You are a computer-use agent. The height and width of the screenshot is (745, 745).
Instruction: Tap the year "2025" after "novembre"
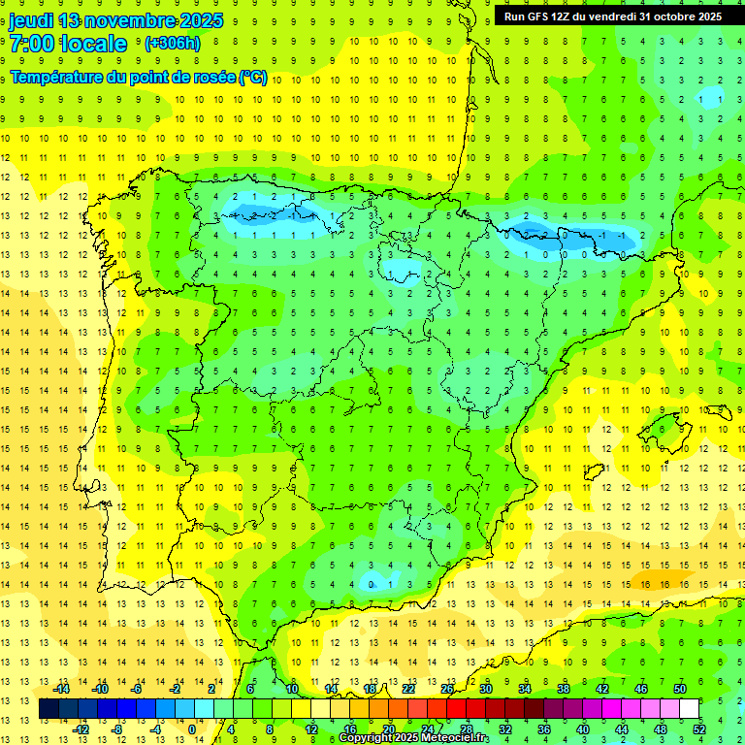coord(201,20)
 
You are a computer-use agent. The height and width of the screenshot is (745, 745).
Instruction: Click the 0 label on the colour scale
coord(192,729)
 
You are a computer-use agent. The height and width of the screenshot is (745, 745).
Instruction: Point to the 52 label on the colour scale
coord(698,729)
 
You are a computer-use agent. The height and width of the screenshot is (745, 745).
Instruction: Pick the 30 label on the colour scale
coord(485,689)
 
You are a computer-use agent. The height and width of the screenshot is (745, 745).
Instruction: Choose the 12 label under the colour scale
coord(310,729)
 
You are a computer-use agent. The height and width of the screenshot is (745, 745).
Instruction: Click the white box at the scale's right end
coord(689,709)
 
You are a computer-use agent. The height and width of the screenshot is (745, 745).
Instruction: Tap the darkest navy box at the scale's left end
coord(49,709)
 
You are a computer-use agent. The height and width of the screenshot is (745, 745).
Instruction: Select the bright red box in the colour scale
coord(456,709)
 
